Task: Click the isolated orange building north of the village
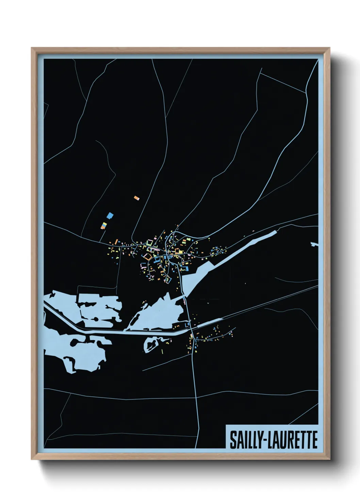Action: pos(136,198)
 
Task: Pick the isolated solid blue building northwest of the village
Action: pos(110,216)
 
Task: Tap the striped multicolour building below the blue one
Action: pos(104,225)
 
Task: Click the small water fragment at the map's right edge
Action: pos(314,244)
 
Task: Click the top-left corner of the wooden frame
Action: pos(32,48)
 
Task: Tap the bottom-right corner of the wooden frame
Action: pos(329,459)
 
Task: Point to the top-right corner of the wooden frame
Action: pos(329,48)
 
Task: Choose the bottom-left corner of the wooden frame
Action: pos(32,459)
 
